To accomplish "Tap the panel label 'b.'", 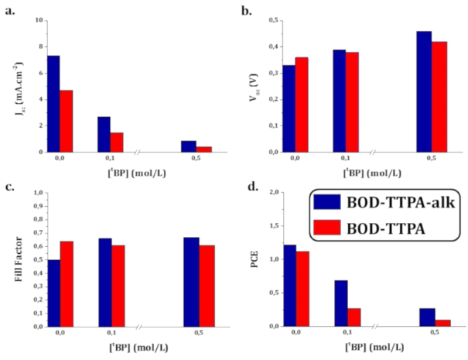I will pyautogui.click(x=246, y=10).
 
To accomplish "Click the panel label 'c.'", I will pyautogui.click(x=9, y=187).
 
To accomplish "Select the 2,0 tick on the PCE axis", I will pyautogui.click(x=268, y=193).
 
